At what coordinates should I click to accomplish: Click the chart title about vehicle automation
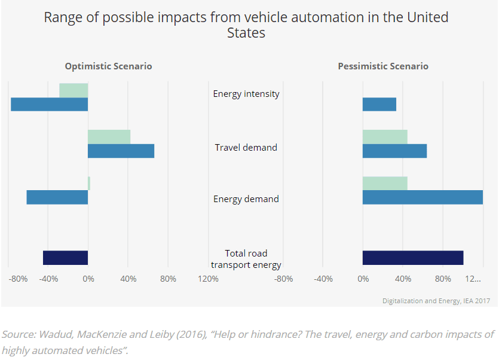point(246,25)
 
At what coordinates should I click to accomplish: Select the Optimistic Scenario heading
point(108,66)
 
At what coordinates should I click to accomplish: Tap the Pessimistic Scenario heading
point(383,66)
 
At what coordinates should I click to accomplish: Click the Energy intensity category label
point(246,94)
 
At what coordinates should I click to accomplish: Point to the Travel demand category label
point(246,147)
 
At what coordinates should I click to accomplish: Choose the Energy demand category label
point(246,199)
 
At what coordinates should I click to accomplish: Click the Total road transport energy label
point(246,259)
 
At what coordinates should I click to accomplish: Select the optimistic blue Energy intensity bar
point(50,104)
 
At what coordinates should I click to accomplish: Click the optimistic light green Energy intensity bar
point(74,90)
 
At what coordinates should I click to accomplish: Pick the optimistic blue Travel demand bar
point(121,151)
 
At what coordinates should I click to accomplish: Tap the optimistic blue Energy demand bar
point(57,197)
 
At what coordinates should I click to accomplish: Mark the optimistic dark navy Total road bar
point(65,258)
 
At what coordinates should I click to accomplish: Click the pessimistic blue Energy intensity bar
point(379,104)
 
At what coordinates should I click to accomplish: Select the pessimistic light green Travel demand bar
point(385,137)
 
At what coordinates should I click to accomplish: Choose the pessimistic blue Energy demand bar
point(423,197)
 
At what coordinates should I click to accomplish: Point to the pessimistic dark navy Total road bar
point(413,258)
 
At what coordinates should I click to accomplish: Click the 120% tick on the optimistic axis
point(208,279)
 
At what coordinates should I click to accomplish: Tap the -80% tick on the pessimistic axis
point(284,279)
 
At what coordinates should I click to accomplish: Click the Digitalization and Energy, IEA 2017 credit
point(436,301)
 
